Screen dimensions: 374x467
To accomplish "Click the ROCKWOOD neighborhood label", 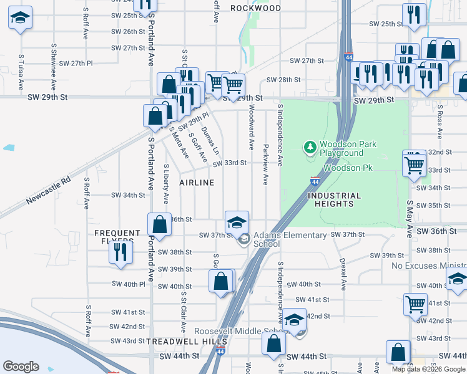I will (255, 8).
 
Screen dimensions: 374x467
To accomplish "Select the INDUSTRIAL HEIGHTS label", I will (335, 200).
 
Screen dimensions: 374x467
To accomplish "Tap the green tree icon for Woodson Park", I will (310, 148).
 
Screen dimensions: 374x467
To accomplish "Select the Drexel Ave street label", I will (343, 274).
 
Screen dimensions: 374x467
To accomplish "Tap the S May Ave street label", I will (410, 219).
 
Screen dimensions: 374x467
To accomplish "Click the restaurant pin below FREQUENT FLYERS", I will (120, 252).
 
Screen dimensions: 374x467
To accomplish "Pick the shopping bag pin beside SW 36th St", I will (160, 224).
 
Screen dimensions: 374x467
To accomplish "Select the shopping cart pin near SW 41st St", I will (415, 304).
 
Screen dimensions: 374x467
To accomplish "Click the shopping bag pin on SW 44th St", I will (273, 343).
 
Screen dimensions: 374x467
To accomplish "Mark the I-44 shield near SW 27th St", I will (346, 57).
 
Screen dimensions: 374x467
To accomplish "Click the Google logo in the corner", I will (21, 366).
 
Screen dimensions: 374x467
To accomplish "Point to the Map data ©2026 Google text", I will (428, 368).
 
